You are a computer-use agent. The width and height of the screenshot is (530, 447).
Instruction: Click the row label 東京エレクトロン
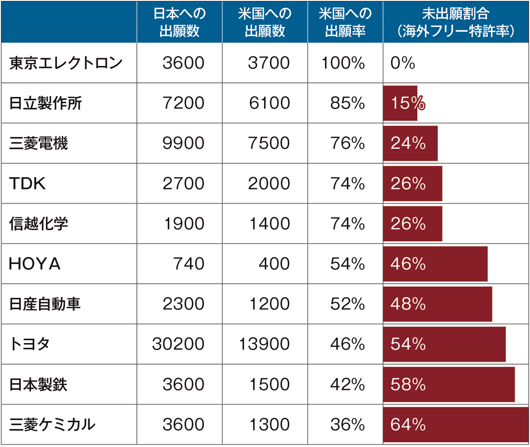coord(66,63)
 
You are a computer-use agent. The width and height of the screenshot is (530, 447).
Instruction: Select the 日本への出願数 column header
coord(179,22)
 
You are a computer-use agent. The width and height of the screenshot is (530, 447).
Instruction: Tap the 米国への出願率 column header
coord(345,22)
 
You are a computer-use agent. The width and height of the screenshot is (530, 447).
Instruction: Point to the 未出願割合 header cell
coord(455,22)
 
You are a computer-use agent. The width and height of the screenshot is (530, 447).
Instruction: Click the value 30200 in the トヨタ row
coord(178,344)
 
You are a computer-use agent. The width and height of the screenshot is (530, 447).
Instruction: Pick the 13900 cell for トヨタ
coord(264,344)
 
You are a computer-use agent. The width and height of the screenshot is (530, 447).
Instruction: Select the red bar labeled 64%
coord(455,424)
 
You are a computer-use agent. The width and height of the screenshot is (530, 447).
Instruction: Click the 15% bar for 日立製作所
coord(400,103)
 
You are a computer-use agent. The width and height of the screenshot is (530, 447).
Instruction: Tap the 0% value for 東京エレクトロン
coord(402,63)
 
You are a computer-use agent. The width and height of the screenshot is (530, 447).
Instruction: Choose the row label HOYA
coord(35,264)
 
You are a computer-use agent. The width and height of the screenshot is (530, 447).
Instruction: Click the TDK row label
coord(27,183)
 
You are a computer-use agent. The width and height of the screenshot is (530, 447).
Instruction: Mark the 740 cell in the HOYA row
coord(188,264)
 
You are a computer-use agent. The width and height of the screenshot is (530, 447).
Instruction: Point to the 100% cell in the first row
coord(343,63)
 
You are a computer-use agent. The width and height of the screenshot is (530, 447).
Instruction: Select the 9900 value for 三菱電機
coord(183,143)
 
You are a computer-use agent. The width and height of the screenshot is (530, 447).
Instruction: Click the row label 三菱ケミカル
coord(52,424)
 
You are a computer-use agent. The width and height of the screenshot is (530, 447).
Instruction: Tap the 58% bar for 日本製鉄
coord(449,384)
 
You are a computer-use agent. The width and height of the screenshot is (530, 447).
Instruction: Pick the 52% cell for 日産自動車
coord(347,304)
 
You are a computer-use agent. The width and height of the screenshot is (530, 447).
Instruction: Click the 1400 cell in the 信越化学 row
coord(269,224)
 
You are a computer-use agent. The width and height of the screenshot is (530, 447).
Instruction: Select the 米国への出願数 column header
coord(265,22)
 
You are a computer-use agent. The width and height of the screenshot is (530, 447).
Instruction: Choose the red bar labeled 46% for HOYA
coord(435,264)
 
